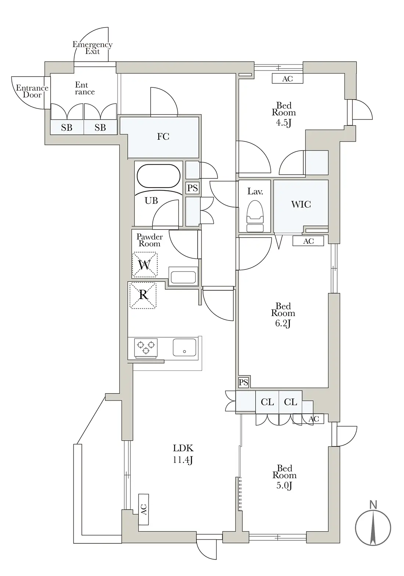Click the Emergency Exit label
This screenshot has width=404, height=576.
93,48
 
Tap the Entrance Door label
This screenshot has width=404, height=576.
32,91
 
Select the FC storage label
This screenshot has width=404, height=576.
163,136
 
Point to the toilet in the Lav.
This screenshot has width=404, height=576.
255,215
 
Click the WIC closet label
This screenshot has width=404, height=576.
301,204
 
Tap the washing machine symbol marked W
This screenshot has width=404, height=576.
144,265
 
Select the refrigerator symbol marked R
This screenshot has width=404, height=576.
143,295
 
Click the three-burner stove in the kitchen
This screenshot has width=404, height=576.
146,348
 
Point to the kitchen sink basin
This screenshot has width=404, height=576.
184,347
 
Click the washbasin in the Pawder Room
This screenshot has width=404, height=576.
183,276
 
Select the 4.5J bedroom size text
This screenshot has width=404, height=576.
284,123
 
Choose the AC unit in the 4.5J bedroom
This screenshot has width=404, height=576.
288,79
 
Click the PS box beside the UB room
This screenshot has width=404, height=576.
192,188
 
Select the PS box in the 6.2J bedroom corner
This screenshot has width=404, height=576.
244,383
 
